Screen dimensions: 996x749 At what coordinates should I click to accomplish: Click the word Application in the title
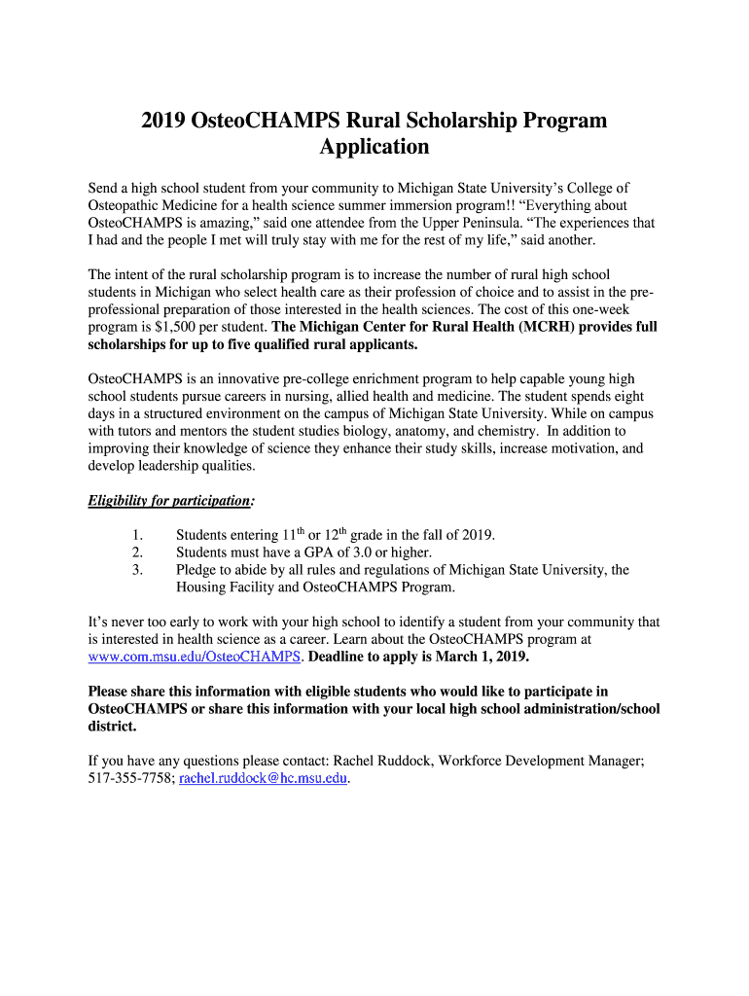(374, 147)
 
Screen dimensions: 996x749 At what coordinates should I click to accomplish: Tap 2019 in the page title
(165, 121)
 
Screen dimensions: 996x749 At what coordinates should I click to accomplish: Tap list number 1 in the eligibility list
(137, 535)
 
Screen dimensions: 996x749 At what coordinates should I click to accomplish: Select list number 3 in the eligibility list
(137, 570)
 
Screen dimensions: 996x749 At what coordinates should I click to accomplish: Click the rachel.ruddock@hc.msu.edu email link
(263, 778)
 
